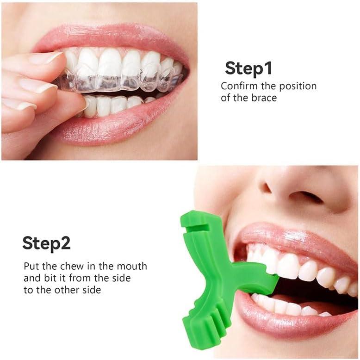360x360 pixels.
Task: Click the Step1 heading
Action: click(x=248, y=68)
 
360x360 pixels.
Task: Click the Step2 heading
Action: click(x=46, y=243)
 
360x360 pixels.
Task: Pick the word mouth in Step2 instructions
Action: click(x=132, y=267)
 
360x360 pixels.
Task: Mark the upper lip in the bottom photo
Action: click(x=296, y=236)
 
